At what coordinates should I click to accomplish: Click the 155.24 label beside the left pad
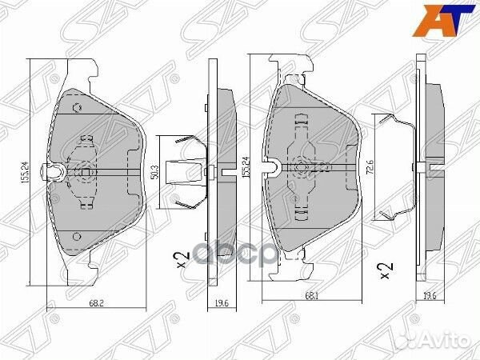[x=27, y=171]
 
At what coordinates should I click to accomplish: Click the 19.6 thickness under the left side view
[x=222, y=303]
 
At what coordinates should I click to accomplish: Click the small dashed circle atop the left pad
[x=77, y=108]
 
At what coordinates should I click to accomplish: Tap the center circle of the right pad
[x=300, y=168]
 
